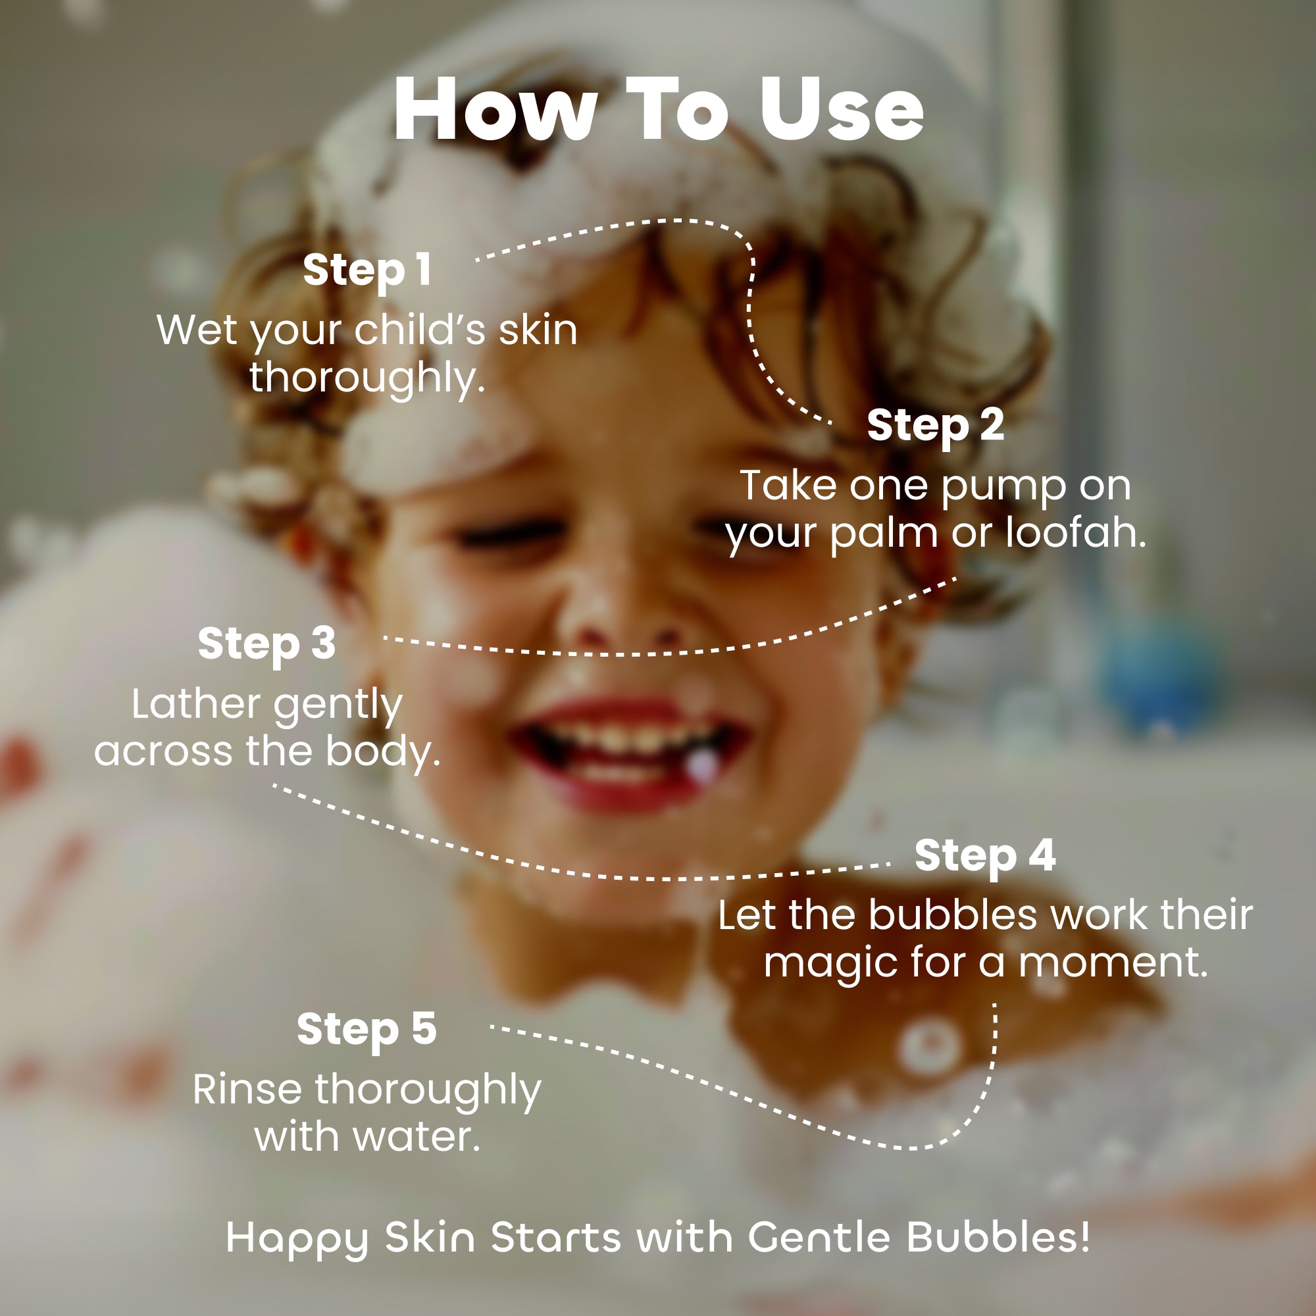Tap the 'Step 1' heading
(367, 270)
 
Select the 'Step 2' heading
(935, 426)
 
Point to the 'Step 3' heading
(266, 644)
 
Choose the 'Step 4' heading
(985, 855)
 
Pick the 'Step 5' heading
(367, 1029)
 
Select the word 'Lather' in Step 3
(197, 703)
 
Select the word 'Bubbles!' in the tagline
(998, 1236)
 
